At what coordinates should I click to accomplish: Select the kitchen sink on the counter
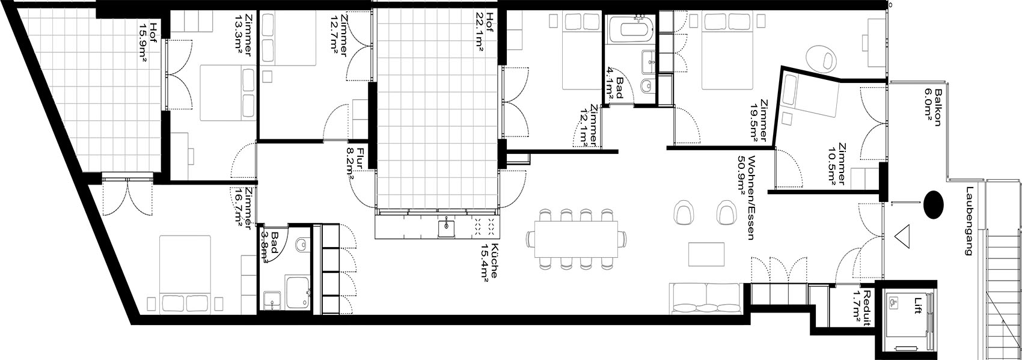coord(445,227)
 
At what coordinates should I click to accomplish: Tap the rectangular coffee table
coord(706,254)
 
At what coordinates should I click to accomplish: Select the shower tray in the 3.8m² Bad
coord(298,292)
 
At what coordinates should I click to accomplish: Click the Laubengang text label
coord(970,221)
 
